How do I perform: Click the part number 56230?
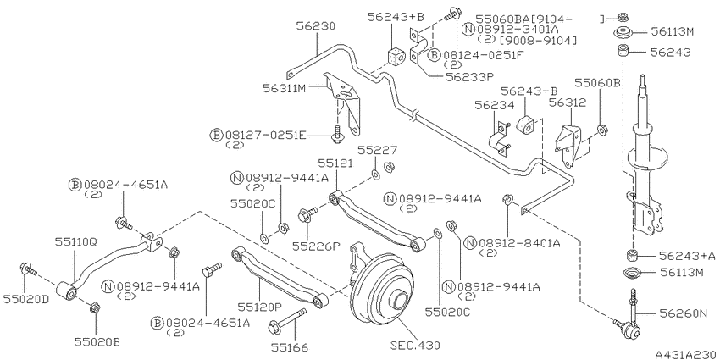tap(315, 26)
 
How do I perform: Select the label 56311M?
tap(284, 87)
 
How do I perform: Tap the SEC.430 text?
tap(415, 345)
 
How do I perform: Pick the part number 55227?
tap(378, 150)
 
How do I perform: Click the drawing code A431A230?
tap(686, 354)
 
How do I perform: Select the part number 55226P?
tap(316, 246)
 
